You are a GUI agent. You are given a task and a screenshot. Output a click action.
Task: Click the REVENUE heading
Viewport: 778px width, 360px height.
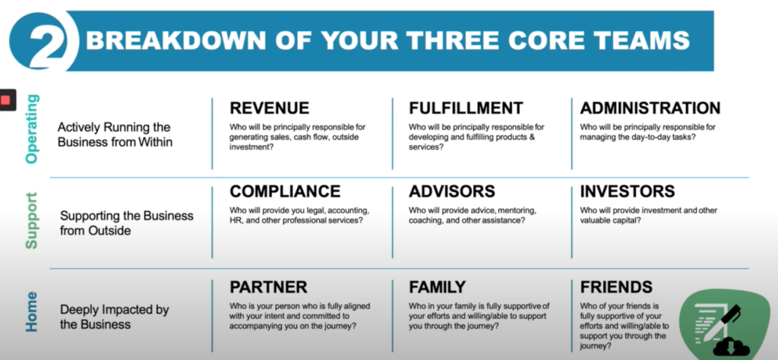tap(270, 108)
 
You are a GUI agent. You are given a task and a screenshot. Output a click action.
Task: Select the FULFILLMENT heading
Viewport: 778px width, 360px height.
tap(466, 108)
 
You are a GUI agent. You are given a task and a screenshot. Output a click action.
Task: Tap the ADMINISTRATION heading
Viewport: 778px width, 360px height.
tap(650, 108)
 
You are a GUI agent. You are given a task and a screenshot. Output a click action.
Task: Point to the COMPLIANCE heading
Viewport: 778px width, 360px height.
tap(285, 191)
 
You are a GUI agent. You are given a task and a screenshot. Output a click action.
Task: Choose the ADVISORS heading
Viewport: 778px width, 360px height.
tap(452, 191)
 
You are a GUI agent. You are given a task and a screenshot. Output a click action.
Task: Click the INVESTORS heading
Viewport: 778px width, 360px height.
tap(627, 191)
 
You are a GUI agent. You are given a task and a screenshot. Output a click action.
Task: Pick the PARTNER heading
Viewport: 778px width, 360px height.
tap(268, 287)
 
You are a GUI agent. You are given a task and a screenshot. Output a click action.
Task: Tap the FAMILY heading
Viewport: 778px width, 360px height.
tap(437, 287)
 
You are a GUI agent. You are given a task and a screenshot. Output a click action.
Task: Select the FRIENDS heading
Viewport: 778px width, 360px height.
tap(616, 287)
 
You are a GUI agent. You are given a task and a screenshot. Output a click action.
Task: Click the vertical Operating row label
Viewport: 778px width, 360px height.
tap(31, 129)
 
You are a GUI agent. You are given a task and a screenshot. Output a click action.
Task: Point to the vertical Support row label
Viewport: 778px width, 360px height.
tap(31, 221)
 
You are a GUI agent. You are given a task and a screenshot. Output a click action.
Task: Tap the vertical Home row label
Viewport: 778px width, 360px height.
tap(31, 312)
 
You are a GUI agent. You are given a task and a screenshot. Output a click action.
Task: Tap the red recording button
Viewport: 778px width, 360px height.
tap(5, 100)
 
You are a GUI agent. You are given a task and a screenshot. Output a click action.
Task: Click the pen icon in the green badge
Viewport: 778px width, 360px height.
tap(726, 317)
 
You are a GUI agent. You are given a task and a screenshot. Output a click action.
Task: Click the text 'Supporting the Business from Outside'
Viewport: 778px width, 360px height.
tap(127, 223)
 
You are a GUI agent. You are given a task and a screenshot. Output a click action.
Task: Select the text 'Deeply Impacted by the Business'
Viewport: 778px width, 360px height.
tap(115, 317)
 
